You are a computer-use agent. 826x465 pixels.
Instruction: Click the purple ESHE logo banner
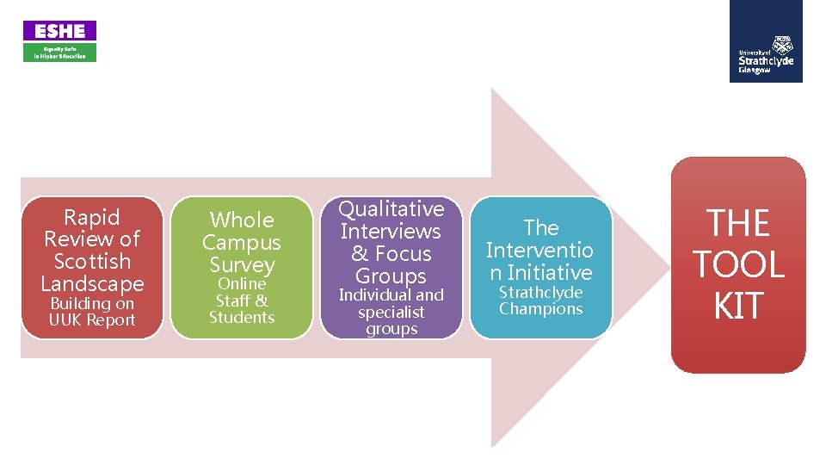coord(59,31)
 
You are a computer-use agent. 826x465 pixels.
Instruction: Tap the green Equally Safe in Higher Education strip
coord(59,53)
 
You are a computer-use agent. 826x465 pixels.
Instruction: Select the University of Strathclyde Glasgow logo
coord(766,41)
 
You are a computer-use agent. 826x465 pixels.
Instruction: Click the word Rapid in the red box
coord(92,217)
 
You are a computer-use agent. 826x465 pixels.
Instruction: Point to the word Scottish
coord(92,261)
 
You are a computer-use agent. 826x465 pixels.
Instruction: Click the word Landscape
coord(92,284)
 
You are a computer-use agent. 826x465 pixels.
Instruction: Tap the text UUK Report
coord(92,319)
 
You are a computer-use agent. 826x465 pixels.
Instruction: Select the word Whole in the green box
coord(242,220)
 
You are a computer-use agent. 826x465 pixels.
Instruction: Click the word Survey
coord(243,265)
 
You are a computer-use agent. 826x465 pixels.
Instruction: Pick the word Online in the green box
coord(242,283)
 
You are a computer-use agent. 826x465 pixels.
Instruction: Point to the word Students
coord(242,318)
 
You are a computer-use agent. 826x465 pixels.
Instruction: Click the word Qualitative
coord(391,209)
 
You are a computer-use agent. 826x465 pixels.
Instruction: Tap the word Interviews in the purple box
coord(391,232)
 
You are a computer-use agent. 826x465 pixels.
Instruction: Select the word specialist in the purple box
coord(391,313)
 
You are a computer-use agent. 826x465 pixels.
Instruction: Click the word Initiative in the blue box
coord(550,273)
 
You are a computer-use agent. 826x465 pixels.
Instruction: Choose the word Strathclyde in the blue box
coord(541,293)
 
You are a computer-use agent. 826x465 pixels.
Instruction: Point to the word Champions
coord(541,309)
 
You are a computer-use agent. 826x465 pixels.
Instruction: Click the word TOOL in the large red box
coord(738,264)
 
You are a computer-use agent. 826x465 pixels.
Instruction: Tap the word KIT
coord(738,305)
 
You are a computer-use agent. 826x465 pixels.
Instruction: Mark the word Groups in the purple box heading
coord(391,276)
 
